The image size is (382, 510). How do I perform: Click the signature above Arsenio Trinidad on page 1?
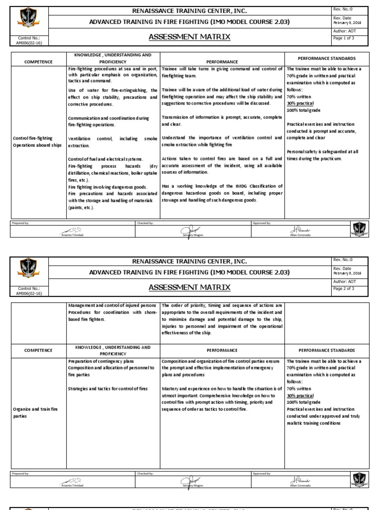pos(73,229)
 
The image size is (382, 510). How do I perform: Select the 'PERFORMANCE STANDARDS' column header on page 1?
pos(327,58)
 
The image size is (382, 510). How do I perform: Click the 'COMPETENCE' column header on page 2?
pos(38,350)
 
